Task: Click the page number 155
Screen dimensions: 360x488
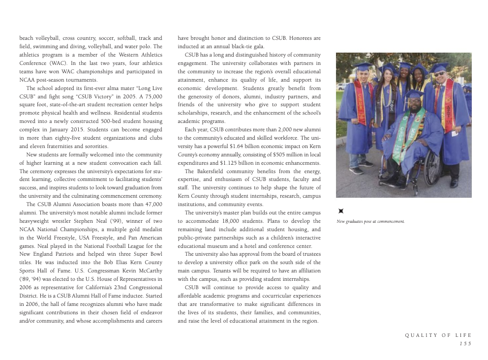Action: point(465,344)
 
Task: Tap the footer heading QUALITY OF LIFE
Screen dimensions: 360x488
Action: point(438,335)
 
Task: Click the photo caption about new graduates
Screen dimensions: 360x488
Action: point(370,221)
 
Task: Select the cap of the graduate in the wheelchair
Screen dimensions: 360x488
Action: point(414,93)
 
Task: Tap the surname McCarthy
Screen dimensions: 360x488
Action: point(147,271)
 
